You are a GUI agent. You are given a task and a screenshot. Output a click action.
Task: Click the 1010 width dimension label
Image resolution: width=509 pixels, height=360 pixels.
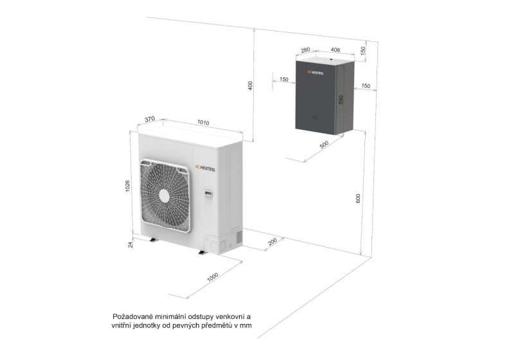(203, 122)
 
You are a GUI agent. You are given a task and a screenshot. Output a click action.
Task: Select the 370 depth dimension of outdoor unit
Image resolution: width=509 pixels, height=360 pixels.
(149, 119)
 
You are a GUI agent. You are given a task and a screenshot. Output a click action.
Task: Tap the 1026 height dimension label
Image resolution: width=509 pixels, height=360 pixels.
(128, 186)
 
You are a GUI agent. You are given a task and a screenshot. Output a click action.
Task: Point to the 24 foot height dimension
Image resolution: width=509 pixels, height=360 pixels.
(130, 245)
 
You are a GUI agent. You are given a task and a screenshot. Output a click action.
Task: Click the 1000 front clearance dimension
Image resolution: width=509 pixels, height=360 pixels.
(213, 276)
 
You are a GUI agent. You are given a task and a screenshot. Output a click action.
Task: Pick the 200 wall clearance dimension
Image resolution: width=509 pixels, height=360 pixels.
(272, 242)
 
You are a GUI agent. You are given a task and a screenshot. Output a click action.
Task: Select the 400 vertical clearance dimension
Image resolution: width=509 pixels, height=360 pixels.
(250, 85)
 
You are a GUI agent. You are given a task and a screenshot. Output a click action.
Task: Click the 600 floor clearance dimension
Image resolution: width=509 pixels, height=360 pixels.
(358, 199)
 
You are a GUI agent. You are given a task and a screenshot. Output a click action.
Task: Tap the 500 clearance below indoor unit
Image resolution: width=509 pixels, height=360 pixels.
(325, 145)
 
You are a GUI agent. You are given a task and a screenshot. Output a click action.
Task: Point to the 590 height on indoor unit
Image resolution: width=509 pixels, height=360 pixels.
(341, 100)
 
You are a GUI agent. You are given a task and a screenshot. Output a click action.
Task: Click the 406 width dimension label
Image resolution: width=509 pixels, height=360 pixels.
(335, 50)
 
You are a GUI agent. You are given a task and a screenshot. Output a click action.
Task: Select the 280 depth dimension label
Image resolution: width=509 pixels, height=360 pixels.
(305, 50)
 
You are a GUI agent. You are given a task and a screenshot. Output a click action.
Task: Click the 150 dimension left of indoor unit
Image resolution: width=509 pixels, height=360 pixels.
(283, 79)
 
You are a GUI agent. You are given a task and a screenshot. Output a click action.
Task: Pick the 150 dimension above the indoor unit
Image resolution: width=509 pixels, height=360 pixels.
(363, 50)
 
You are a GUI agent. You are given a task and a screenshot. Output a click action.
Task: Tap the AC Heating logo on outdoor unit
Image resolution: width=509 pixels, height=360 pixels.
(205, 168)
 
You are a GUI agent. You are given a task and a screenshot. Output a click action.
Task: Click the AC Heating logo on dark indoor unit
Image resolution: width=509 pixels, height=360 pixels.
(315, 72)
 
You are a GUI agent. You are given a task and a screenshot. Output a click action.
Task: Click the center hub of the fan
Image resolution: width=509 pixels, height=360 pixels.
(165, 195)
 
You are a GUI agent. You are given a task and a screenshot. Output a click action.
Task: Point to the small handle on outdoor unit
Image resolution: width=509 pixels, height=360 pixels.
(208, 194)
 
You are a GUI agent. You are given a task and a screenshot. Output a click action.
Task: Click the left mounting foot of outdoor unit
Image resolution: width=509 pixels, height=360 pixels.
(152, 240)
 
